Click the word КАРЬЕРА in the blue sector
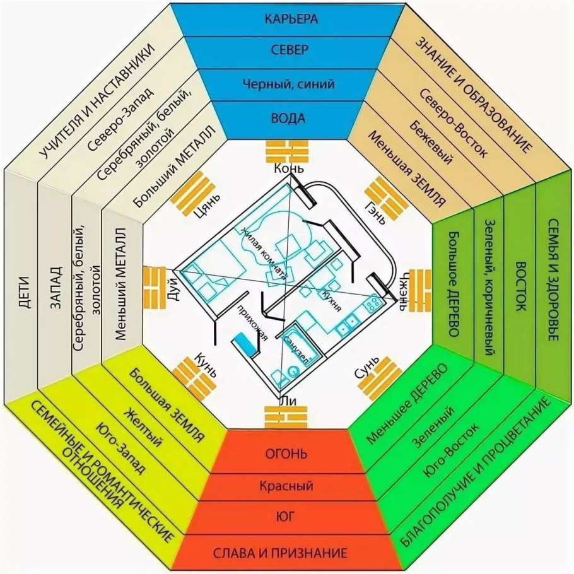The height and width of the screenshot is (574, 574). pyautogui.click(x=287, y=19)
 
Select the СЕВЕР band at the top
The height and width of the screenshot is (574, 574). pyautogui.click(x=287, y=50)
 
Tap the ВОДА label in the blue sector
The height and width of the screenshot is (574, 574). pyautogui.click(x=287, y=118)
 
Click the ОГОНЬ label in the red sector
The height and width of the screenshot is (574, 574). pyautogui.click(x=286, y=454)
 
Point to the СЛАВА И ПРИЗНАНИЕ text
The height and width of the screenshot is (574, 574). pyautogui.click(x=286, y=554)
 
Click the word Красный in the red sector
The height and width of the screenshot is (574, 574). pyautogui.click(x=286, y=486)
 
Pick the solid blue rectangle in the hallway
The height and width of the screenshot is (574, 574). pyautogui.click(x=245, y=344)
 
